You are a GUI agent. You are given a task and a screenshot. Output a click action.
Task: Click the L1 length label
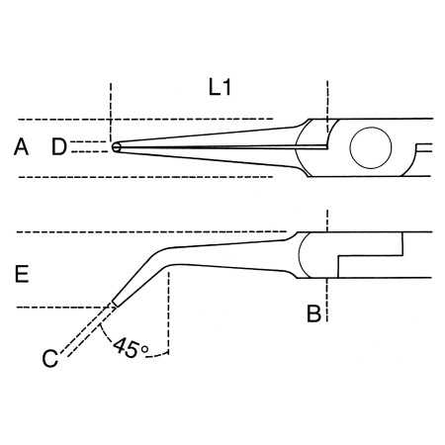[x=220, y=88]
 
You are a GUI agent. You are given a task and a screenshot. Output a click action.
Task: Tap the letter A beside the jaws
[x=21, y=148]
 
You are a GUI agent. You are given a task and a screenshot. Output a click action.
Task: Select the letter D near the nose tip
[x=59, y=148]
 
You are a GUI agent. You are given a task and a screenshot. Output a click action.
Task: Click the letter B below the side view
[x=312, y=315]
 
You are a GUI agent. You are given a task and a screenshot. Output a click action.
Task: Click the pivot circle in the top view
[x=373, y=148]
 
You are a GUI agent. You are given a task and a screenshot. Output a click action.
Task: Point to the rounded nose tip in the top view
[x=117, y=148]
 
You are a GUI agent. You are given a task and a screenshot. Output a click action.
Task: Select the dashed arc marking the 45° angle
[x=109, y=341]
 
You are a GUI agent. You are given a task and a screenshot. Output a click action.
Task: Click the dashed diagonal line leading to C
[x=84, y=330]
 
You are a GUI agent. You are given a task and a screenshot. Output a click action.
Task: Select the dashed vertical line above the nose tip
[x=113, y=109]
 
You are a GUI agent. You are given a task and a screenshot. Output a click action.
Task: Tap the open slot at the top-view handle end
[x=424, y=148]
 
